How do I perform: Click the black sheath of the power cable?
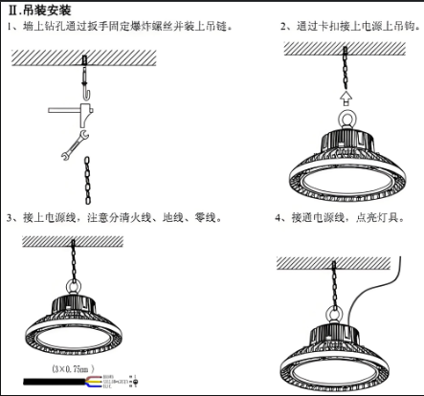[48, 380]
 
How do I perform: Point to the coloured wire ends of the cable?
[92, 380]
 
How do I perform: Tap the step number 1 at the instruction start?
[9, 26]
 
